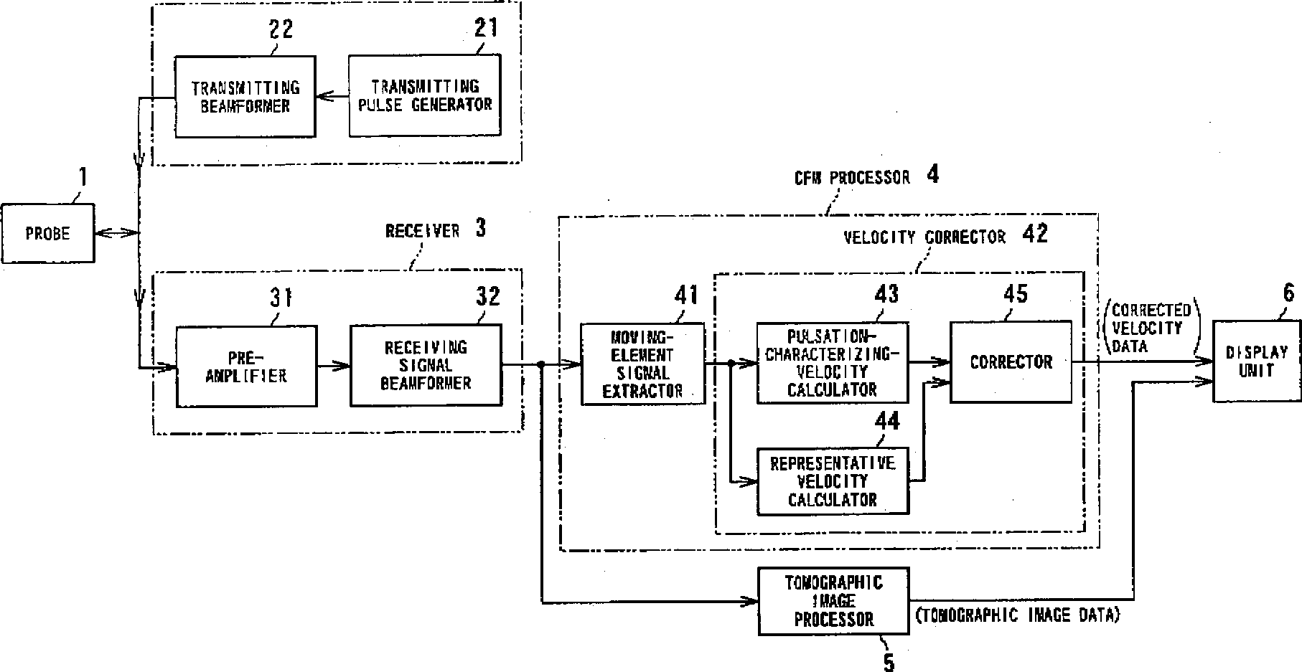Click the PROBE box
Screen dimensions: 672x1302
pos(47,233)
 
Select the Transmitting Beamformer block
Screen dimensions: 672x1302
pos(245,97)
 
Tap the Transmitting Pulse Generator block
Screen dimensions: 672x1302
pos(425,96)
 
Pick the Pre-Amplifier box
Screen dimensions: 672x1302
pos(246,366)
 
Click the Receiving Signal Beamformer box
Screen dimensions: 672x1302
pos(426,366)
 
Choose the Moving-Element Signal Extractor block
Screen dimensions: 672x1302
pos(642,364)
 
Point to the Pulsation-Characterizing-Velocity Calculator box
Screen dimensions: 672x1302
pos(832,363)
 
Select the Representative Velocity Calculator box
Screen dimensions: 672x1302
pos(833,481)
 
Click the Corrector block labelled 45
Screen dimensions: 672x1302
pos(1011,361)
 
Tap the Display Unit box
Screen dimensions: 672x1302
pos(1256,361)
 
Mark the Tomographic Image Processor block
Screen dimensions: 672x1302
pos(833,601)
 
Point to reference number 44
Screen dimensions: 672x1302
pos(887,421)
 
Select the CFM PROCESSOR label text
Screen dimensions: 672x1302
pos(851,177)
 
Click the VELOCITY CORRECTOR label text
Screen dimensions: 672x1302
pos(924,237)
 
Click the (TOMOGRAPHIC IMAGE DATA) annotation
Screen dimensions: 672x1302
pos(1017,615)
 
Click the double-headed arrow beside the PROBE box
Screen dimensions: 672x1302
pos(116,232)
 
